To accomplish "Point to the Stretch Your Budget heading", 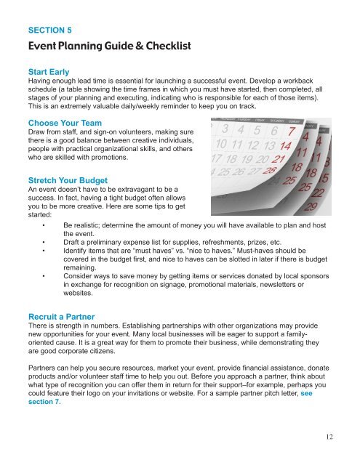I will [x=69, y=175].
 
